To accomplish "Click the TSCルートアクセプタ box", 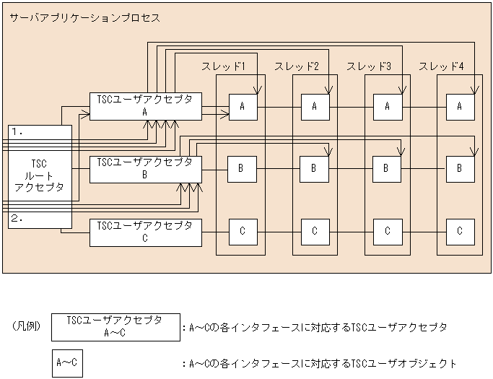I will point(40,176).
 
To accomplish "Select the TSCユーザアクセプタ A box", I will point(145,106).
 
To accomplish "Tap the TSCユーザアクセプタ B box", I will point(145,169).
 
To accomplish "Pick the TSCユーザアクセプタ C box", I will point(145,232).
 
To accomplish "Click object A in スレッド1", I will point(243,106).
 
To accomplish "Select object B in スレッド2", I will point(315,169).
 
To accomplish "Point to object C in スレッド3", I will point(388,231).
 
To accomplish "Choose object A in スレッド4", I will point(460,106).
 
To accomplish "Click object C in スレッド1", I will point(243,231).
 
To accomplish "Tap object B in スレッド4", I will point(460,169).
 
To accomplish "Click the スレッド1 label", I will point(224,66).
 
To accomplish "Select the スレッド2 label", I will point(296,66).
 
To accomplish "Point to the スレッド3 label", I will point(369,66).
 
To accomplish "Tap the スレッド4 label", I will point(441,66).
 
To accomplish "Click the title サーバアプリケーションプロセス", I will point(84,17).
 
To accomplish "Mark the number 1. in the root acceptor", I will point(19,132).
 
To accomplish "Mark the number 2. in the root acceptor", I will point(19,217).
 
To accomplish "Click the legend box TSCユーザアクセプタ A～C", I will point(115,326).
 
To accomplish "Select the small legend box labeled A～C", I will point(67,363).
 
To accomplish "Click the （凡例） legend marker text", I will point(26,326).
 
